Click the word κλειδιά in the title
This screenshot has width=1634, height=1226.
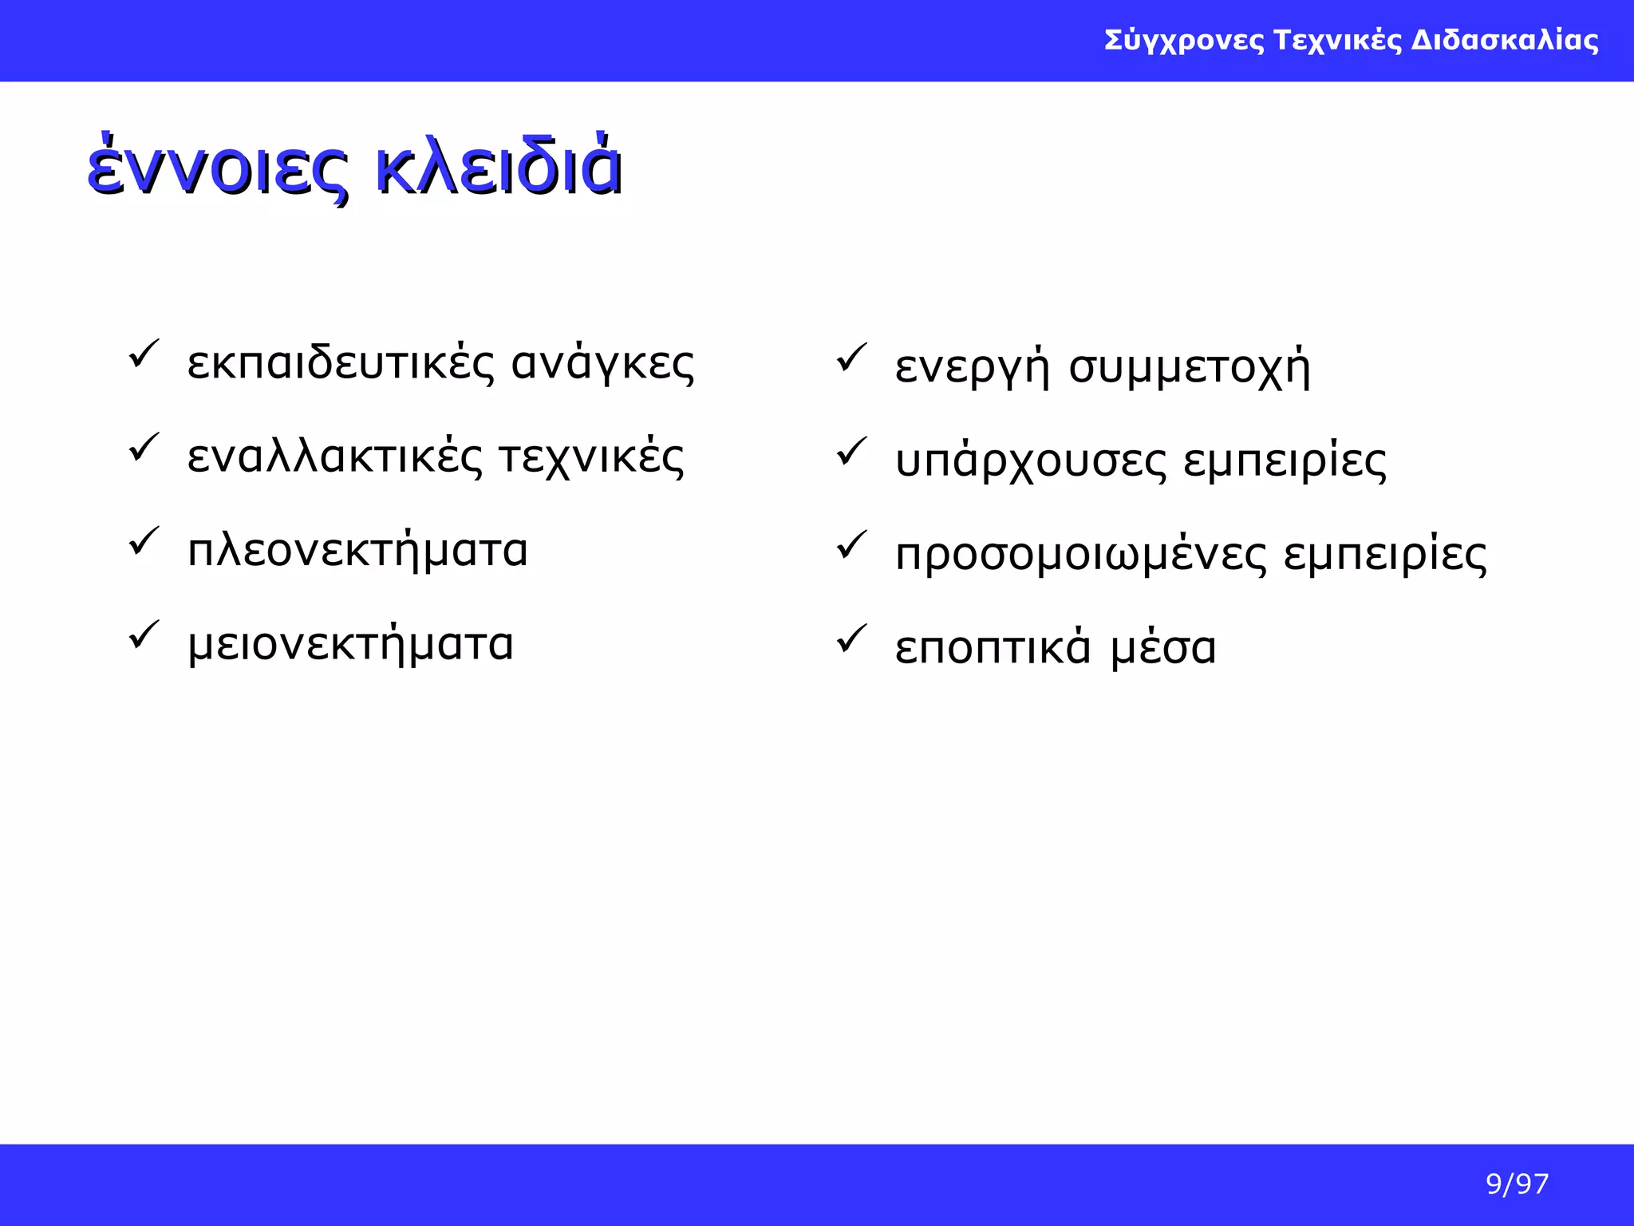tap(498, 168)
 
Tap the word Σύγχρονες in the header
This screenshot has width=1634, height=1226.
tap(1184, 41)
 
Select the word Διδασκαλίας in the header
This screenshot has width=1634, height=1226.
tap(1505, 40)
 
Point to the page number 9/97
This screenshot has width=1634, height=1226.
tap(1517, 1184)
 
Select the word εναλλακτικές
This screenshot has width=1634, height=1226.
tap(335, 457)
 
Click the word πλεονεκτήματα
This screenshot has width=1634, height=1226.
tap(357, 551)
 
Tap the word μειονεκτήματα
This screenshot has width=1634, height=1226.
tap(350, 644)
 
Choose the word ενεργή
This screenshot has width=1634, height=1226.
tap(972, 369)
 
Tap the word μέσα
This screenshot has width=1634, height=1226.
tap(1163, 647)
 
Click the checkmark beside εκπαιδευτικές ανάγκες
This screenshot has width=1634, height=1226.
tap(144, 354)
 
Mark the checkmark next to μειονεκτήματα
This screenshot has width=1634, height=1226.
tap(144, 635)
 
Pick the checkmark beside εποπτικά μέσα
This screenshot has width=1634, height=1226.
tap(851, 639)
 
